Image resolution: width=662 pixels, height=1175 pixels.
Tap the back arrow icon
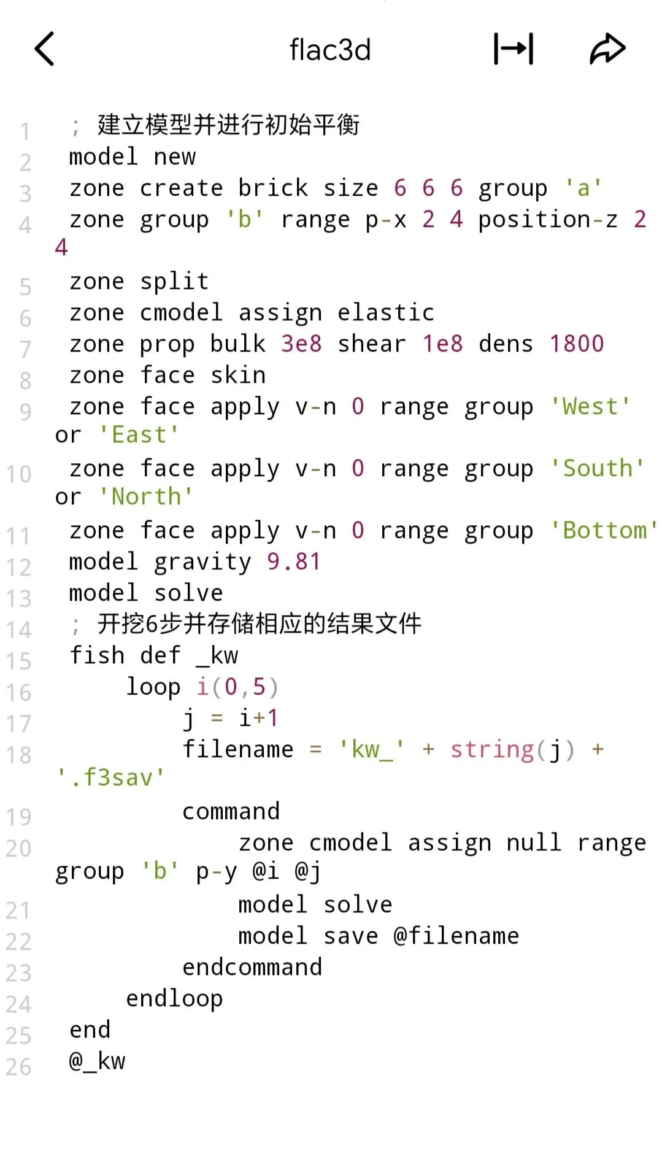pos(45,49)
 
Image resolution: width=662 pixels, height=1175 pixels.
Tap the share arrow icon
pos(607,49)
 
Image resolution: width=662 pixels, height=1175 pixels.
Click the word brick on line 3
pos(273,188)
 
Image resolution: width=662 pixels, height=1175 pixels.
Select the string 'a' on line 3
pos(583,188)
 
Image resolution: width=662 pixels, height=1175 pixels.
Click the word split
pos(174,282)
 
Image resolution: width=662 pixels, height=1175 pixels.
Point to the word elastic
pos(386,313)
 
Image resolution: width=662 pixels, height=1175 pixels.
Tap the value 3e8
pos(301,344)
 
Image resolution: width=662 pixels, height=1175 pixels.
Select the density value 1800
pos(577,344)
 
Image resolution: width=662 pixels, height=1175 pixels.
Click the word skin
pos(238,376)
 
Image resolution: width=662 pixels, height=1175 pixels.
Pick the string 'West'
pos(590,407)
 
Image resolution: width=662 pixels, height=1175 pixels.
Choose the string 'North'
pos(146,496)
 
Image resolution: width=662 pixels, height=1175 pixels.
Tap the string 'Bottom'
pos(604,531)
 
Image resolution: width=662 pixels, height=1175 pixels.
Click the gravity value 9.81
pos(294,562)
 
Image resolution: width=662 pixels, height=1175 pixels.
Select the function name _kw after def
pos(217,655)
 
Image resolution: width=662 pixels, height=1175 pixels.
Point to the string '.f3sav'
pos(110,777)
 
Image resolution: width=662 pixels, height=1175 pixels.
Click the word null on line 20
pos(534,843)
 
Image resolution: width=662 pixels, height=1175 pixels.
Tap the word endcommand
pos(252,968)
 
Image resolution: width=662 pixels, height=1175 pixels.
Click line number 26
pos(18,1067)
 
